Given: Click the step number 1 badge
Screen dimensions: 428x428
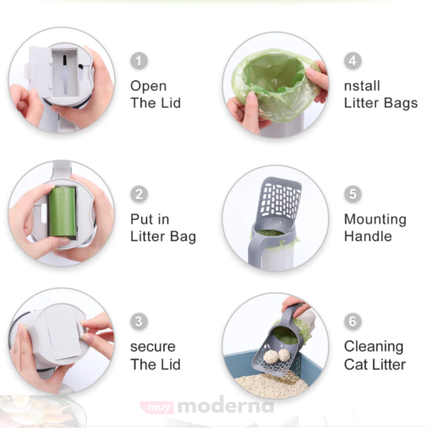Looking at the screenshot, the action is pyautogui.click(x=139, y=61).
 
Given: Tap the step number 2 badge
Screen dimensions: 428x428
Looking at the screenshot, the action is pyautogui.click(x=139, y=194).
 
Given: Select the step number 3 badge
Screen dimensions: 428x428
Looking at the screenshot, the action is pyautogui.click(x=139, y=321).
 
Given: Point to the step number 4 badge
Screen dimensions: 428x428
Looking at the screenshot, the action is pyautogui.click(x=353, y=61).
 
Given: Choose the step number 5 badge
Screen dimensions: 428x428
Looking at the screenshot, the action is pyautogui.click(x=353, y=194).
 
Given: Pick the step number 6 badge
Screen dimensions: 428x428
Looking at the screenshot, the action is pyautogui.click(x=353, y=321).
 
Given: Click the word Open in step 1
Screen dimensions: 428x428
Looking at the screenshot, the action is pyautogui.click(x=148, y=87).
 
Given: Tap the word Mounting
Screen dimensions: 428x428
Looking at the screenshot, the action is pyautogui.click(x=375, y=220).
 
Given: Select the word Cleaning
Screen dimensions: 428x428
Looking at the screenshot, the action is pyautogui.click(x=374, y=347).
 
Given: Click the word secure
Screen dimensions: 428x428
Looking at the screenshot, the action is pyautogui.click(x=153, y=347).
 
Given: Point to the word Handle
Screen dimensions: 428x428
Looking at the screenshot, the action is pyautogui.click(x=368, y=236).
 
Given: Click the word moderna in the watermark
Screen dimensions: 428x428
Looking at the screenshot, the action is pyautogui.click(x=225, y=406).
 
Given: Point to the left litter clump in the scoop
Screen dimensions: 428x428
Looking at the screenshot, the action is pyautogui.click(x=271, y=356).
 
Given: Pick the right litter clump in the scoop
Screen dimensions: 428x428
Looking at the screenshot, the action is pyautogui.click(x=284, y=355).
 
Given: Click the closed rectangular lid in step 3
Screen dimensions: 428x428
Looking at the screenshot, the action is pyautogui.click(x=63, y=332).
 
